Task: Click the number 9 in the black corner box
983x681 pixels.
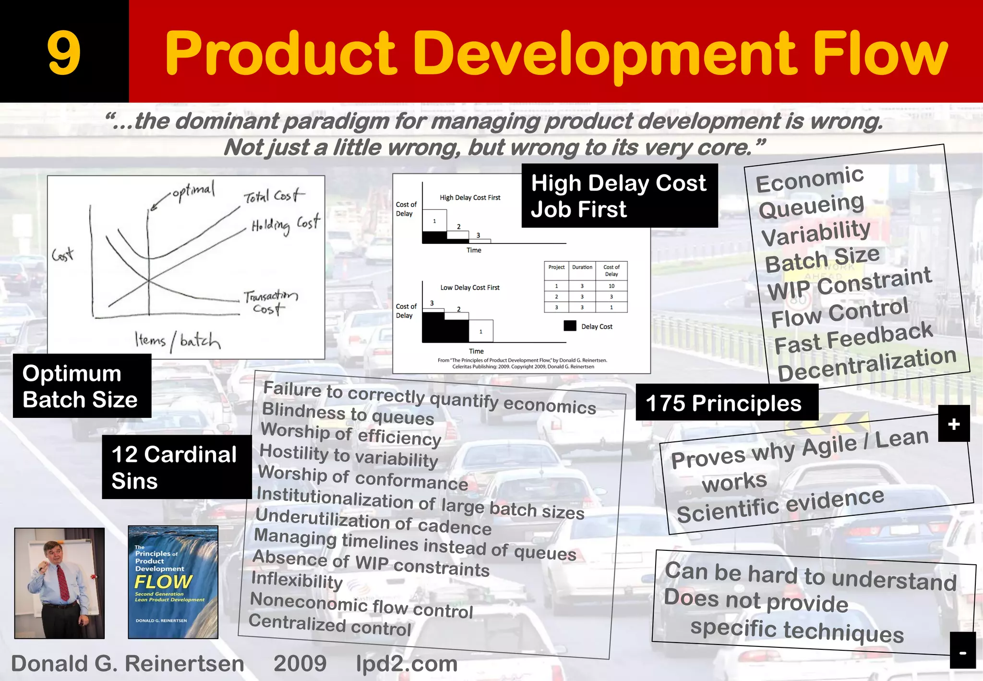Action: click(64, 53)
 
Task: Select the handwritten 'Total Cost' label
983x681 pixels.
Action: click(273, 195)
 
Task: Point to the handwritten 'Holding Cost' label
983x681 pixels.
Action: click(286, 224)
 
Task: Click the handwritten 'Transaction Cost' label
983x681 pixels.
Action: click(270, 302)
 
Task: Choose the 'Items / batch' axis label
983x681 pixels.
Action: click(177, 340)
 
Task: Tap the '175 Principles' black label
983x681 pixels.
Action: click(724, 403)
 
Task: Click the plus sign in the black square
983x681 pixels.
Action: click(954, 424)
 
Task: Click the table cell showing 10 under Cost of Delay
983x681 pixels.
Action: click(611, 286)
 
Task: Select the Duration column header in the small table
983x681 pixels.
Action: click(582, 267)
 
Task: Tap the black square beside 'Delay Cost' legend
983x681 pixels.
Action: click(570, 326)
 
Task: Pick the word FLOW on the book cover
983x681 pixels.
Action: click(163, 582)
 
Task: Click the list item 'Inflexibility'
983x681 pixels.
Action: click(297, 580)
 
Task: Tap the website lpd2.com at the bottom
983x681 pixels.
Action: click(407, 664)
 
